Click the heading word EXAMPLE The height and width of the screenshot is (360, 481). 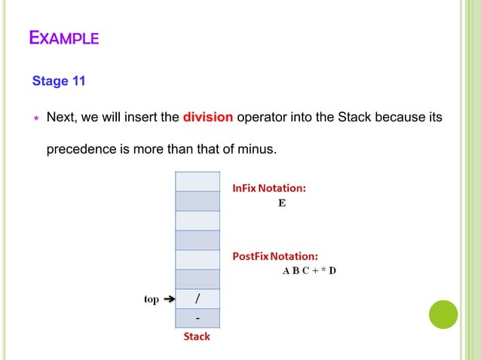[63, 37]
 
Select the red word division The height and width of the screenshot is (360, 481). [208, 117]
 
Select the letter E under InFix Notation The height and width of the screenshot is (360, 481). [282, 203]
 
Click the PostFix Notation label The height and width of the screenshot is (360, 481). [274, 256]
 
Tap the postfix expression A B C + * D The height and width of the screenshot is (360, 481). [309, 271]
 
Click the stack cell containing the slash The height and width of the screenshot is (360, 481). [197, 299]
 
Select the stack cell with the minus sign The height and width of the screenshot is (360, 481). [197, 319]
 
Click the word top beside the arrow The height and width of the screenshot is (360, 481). [152, 300]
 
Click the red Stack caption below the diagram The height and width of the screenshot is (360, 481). [197, 337]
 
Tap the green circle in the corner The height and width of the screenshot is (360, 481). [443, 314]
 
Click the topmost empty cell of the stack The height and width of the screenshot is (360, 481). [197, 182]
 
